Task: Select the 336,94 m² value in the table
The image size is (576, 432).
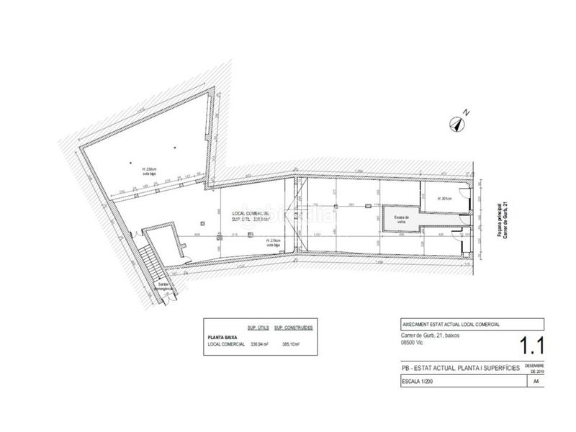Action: (258, 343)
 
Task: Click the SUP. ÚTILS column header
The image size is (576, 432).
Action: (258, 326)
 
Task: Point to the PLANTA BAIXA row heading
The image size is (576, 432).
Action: (223, 335)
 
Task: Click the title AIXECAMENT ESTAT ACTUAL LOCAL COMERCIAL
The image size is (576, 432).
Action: (451, 325)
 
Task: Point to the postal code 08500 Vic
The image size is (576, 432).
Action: (414, 343)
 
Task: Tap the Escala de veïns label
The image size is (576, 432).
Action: (402, 218)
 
